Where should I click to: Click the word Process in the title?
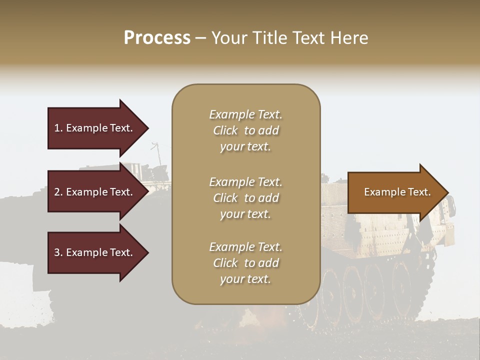(x=157, y=38)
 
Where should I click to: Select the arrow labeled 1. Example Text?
(x=95, y=128)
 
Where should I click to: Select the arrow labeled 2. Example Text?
(x=95, y=192)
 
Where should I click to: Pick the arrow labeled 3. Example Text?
(x=95, y=252)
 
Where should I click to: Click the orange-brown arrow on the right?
(x=395, y=192)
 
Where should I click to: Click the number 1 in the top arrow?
(x=57, y=128)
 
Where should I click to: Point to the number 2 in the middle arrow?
(x=57, y=192)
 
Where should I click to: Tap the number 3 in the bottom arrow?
(x=57, y=252)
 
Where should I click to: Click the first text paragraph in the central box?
(x=245, y=130)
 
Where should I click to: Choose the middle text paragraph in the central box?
(x=245, y=198)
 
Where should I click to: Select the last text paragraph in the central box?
(x=245, y=263)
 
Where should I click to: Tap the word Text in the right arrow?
(x=419, y=192)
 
